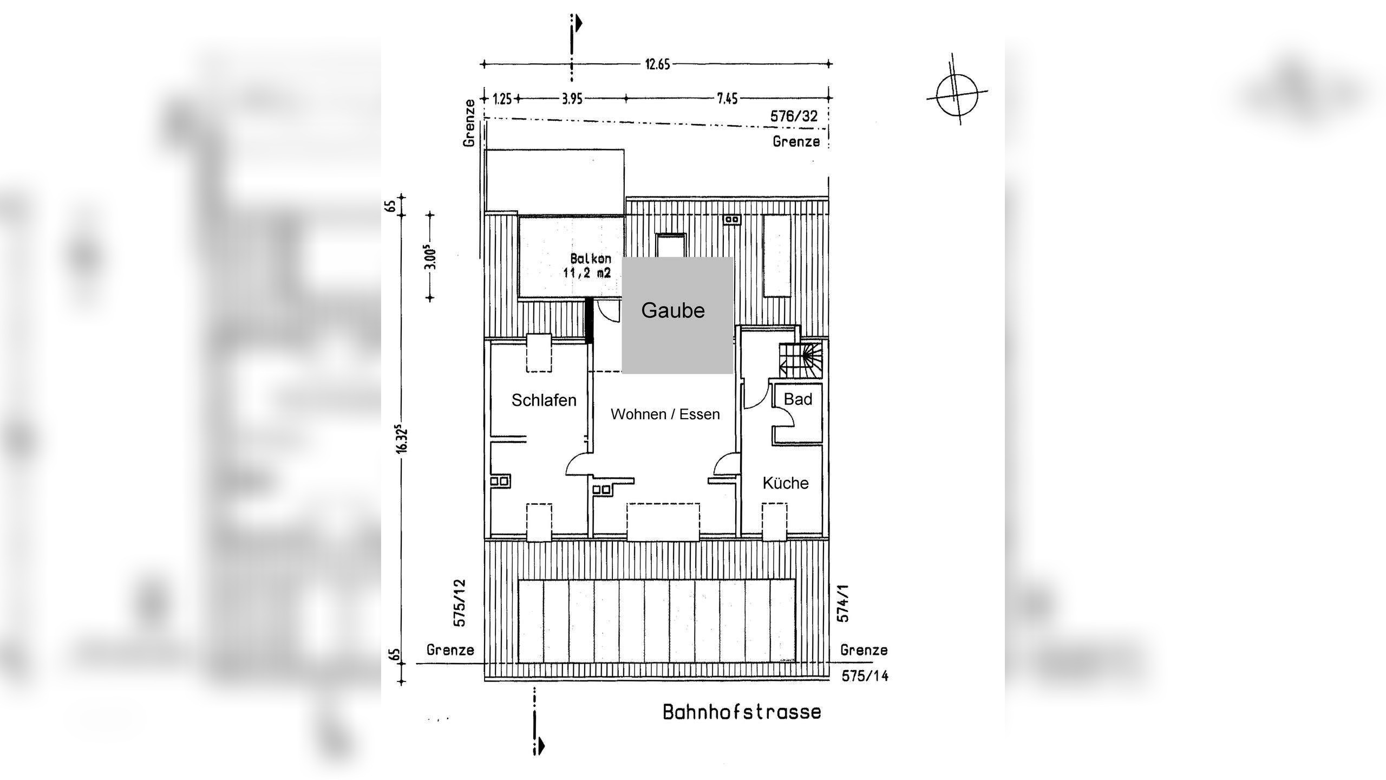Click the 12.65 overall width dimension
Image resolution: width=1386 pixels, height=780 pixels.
pos(657,64)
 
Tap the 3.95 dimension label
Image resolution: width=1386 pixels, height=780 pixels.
pos(572,99)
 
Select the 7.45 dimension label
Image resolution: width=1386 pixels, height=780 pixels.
pos(727,99)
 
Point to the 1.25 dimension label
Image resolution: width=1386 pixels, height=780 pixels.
pos(502,99)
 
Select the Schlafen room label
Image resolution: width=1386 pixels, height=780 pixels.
pos(544,400)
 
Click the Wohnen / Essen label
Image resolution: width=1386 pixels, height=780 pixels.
pos(665,414)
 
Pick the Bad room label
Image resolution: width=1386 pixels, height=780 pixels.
pos(797,399)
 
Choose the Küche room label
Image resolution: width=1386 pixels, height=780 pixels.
pos(785,483)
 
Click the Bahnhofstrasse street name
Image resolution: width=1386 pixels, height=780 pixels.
pos(742,712)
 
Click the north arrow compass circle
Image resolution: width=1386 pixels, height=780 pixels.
pos(957,95)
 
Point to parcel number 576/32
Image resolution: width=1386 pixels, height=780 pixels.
pos(794,116)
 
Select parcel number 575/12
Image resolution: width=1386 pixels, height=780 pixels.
pos(459,603)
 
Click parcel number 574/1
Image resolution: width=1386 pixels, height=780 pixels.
pos(843,602)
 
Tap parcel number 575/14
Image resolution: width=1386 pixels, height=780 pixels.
pos(865,676)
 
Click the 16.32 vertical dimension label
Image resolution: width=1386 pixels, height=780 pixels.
pos(401,439)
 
